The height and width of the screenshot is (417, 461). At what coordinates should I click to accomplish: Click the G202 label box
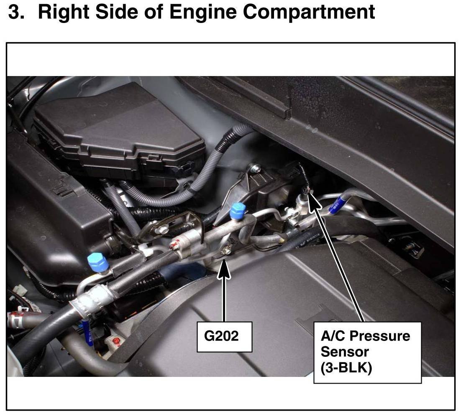(224, 337)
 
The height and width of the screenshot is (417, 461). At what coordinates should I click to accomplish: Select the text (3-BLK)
(346, 368)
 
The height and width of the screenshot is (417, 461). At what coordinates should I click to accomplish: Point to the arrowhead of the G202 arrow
(224, 268)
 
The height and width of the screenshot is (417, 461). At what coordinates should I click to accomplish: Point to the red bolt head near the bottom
(116, 341)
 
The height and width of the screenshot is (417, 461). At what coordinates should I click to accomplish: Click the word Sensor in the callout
(345, 352)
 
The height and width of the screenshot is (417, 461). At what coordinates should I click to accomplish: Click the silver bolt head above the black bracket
(254, 168)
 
